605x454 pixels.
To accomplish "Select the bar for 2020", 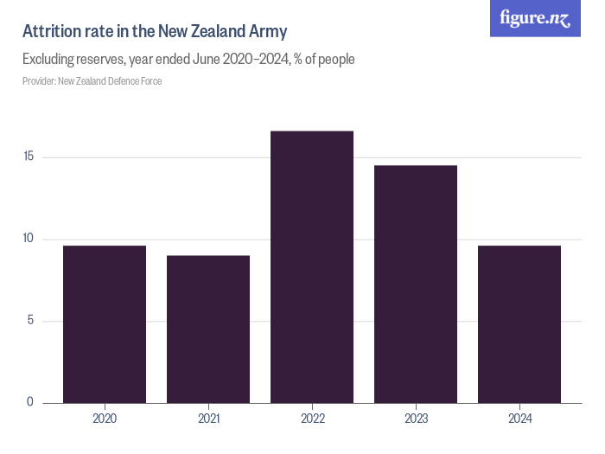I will (x=105, y=324).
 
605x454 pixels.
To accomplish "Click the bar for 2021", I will (x=208, y=329).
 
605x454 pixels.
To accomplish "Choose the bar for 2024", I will (x=519, y=324).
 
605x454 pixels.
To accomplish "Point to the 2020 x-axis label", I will (x=105, y=419).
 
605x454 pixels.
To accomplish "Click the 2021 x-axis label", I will (x=208, y=419).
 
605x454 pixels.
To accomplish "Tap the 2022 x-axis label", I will (x=312, y=419).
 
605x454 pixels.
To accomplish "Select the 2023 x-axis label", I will (x=416, y=419).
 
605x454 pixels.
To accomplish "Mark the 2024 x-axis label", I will (x=519, y=419).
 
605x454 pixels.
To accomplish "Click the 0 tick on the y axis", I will (x=30, y=402).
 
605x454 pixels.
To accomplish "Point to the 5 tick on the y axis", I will (x=30, y=320).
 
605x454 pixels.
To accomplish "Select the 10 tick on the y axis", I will (x=28, y=239).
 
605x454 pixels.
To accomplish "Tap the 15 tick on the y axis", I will (x=28, y=157).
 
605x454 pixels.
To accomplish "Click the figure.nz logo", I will (x=535, y=18).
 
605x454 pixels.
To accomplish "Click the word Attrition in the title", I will (x=51, y=32).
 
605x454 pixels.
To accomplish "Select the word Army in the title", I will (x=269, y=32).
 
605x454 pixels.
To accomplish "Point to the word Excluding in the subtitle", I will (x=49, y=60).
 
